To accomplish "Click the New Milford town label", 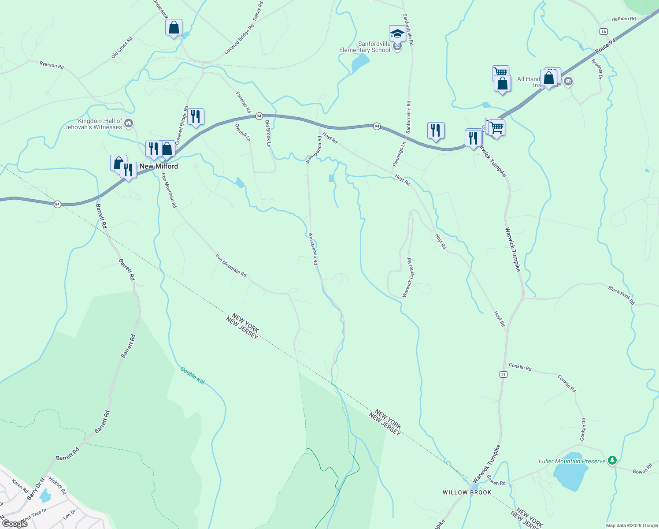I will (x=159, y=166).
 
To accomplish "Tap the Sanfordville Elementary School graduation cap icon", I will (x=397, y=33).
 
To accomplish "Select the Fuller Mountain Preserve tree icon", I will (x=611, y=461).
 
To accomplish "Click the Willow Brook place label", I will (x=467, y=492).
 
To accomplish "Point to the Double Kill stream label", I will (x=193, y=375).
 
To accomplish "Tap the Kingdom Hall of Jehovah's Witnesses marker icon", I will (x=129, y=123).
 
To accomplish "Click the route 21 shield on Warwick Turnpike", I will (x=504, y=374).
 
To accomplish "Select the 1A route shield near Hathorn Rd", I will (x=603, y=31).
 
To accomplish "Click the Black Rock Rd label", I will (x=621, y=295).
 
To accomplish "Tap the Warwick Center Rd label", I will (x=407, y=278).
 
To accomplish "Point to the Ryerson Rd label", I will (x=52, y=65).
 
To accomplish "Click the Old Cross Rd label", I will (x=122, y=48).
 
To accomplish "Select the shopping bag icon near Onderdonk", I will (x=174, y=27).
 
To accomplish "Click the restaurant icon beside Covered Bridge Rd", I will (x=196, y=117).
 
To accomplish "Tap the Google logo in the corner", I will (x=15, y=524).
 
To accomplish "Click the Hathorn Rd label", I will (x=623, y=19).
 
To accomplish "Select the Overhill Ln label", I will (x=243, y=132).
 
